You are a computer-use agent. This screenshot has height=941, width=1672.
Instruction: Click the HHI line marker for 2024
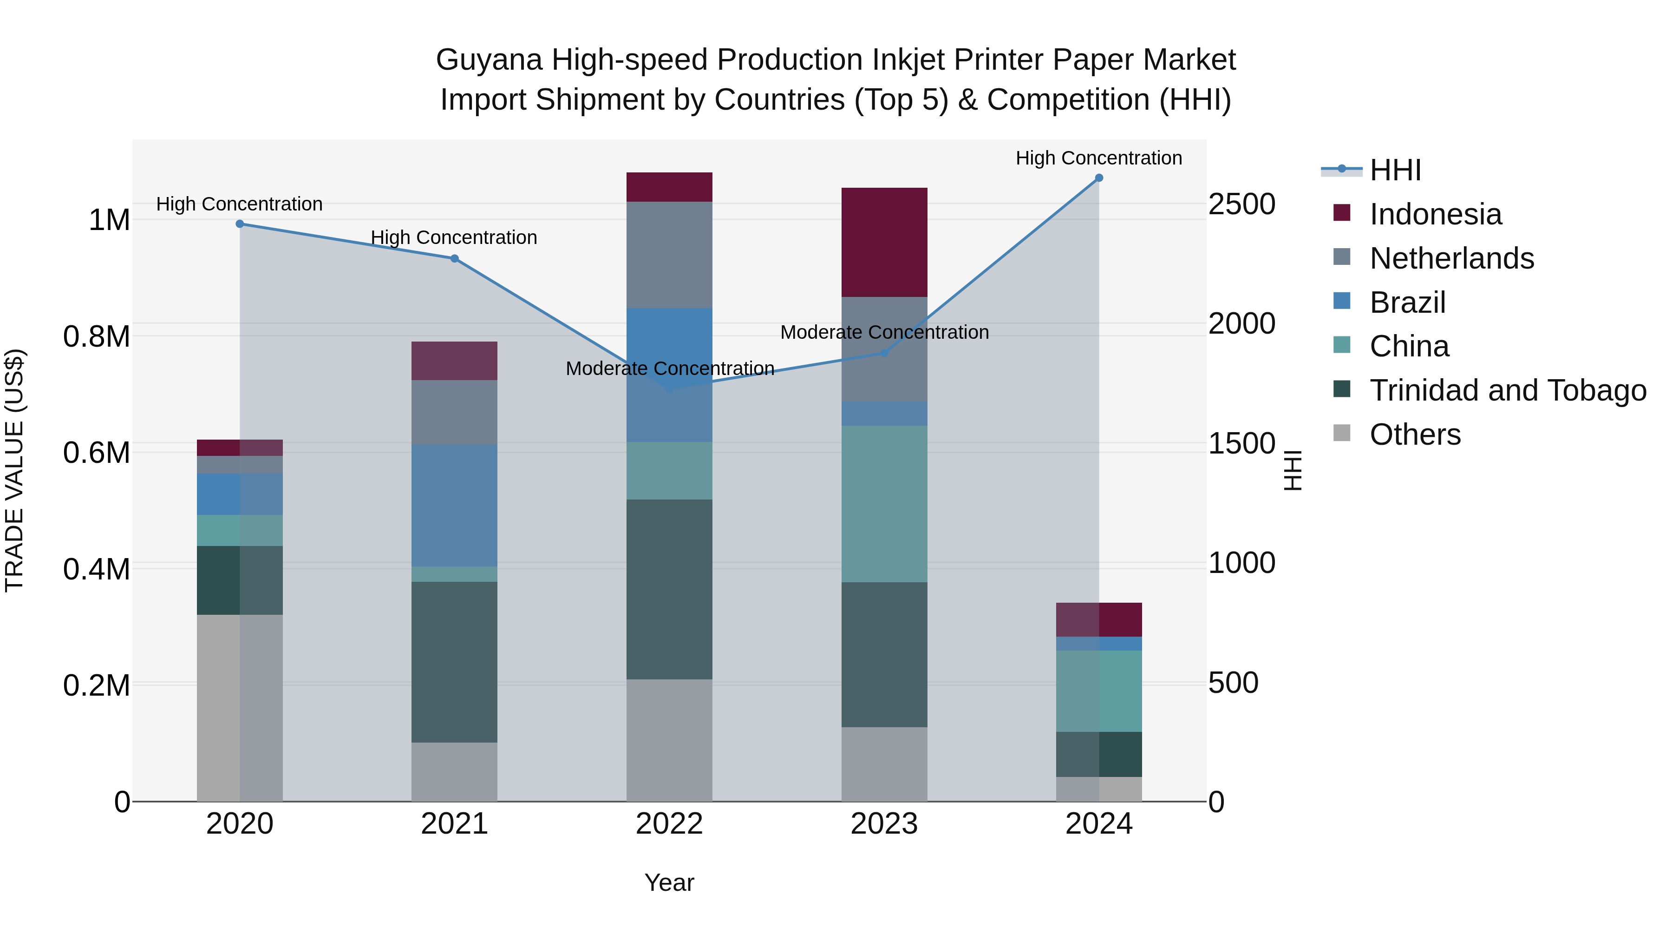pos(1099,178)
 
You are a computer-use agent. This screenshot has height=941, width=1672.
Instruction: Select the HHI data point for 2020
pos(240,224)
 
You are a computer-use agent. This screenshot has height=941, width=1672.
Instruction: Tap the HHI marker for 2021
pos(454,258)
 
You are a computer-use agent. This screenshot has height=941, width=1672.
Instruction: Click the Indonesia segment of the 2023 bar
pos(884,242)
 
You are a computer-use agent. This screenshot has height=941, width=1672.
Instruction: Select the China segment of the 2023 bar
pos(884,504)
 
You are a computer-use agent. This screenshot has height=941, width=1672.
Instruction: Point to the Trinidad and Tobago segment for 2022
pos(669,589)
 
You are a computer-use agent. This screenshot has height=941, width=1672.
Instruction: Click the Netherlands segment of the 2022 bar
pos(669,255)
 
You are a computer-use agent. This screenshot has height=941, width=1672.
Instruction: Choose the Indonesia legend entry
pos(1435,214)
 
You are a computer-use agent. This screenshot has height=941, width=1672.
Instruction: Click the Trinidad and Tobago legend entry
pos(1507,390)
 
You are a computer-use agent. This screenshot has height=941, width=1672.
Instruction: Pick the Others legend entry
pos(1415,434)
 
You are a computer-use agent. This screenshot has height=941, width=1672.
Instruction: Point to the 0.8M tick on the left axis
pos(96,336)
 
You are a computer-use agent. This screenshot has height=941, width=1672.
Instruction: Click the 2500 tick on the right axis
pos(1241,204)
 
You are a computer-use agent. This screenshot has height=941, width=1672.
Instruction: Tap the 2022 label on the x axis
pos(669,824)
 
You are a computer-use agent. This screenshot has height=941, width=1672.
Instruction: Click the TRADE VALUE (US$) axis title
pos(14,470)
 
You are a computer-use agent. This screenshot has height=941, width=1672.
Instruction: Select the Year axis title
pos(669,882)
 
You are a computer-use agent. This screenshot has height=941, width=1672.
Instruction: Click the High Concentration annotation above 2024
pos(1098,158)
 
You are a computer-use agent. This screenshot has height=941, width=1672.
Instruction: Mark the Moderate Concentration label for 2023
pos(884,333)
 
